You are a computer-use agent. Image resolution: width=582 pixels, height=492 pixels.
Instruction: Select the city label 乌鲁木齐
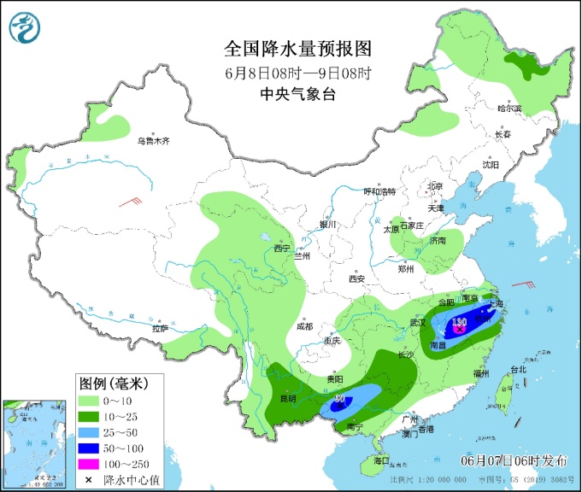click(x=155, y=141)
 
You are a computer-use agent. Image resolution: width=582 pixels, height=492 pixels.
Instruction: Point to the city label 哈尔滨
click(x=509, y=109)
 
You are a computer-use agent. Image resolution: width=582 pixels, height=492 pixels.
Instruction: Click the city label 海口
click(x=380, y=460)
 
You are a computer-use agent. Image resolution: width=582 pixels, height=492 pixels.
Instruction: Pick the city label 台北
click(x=518, y=370)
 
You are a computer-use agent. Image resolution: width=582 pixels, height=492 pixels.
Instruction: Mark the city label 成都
click(x=303, y=326)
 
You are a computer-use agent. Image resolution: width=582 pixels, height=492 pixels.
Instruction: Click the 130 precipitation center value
click(x=458, y=322)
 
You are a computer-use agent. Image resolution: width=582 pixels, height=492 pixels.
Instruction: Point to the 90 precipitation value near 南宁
click(x=339, y=400)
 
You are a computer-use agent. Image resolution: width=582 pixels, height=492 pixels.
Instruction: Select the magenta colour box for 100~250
click(x=87, y=464)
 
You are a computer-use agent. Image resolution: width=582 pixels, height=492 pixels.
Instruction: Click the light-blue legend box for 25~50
click(x=87, y=432)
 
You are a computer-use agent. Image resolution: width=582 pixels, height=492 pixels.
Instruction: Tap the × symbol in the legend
click(x=87, y=480)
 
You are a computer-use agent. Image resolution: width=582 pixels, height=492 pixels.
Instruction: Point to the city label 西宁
click(x=282, y=249)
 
